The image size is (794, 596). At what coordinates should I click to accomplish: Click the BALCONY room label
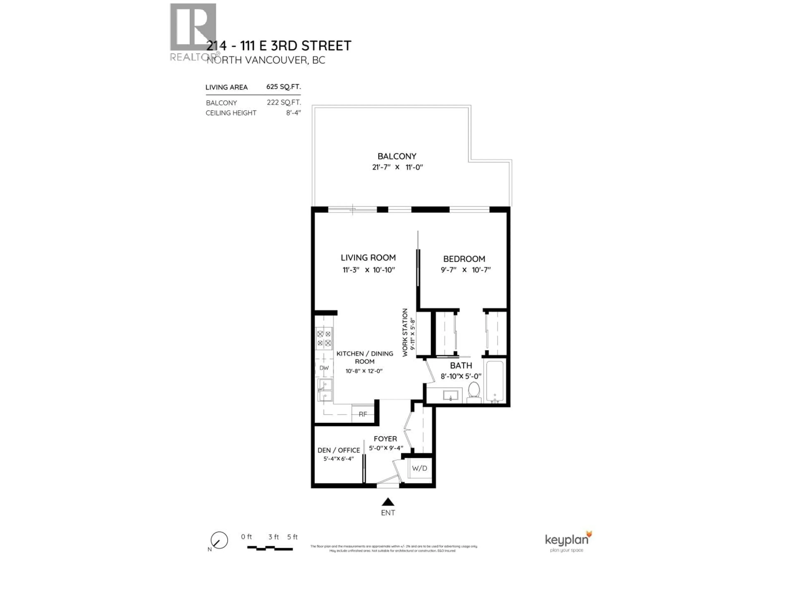tap(397, 156)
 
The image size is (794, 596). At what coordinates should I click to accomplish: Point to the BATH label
tap(461, 365)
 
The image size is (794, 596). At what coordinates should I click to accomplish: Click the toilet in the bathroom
tap(474, 393)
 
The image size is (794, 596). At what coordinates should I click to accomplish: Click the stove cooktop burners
tap(324, 338)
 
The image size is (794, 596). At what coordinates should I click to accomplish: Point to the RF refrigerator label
tap(363, 414)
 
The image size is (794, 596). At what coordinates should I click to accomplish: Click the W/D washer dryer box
tap(420, 468)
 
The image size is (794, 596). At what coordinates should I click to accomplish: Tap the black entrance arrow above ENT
tap(388, 502)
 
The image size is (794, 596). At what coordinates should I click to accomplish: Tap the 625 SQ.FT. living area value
tap(283, 87)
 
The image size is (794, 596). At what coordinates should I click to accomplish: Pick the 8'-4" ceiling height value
tap(293, 113)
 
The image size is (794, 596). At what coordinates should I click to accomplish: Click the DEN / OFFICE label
tap(338, 450)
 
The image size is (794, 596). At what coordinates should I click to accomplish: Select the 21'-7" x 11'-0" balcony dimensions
tap(397, 167)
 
